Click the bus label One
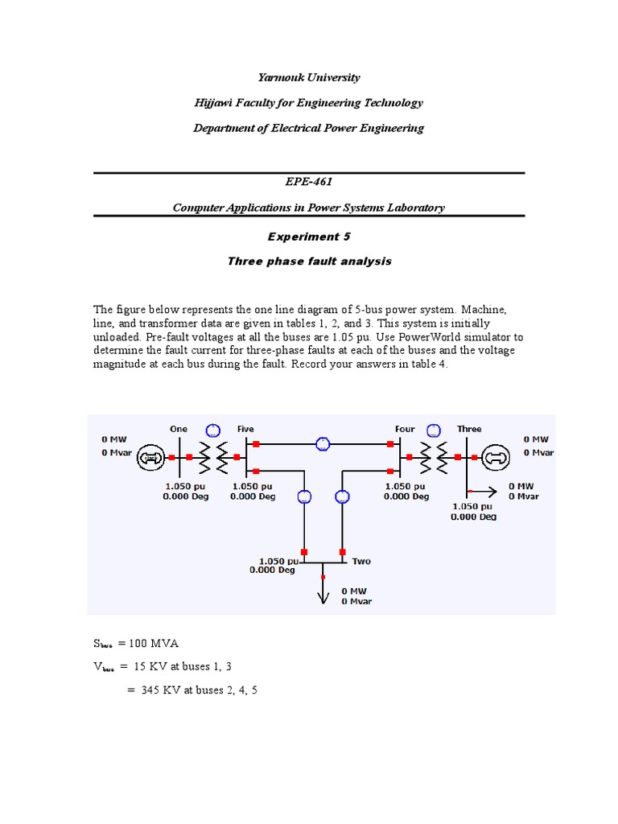click(x=179, y=429)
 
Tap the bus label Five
click(x=245, y=429)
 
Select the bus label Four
click(x=405, y=429)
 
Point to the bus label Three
click(x=469, y=429)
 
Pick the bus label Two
click(x=361, y=561)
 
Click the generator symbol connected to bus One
click(x=149, y=458)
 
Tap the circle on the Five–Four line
click(x=323, y=443)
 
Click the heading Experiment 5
click(x=309, y=237)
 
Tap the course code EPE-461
click(x=309, y=182)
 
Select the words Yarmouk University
click(x=309, y=77)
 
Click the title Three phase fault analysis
click(x=309, y=262)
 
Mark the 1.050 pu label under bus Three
click(x=473, y=507)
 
